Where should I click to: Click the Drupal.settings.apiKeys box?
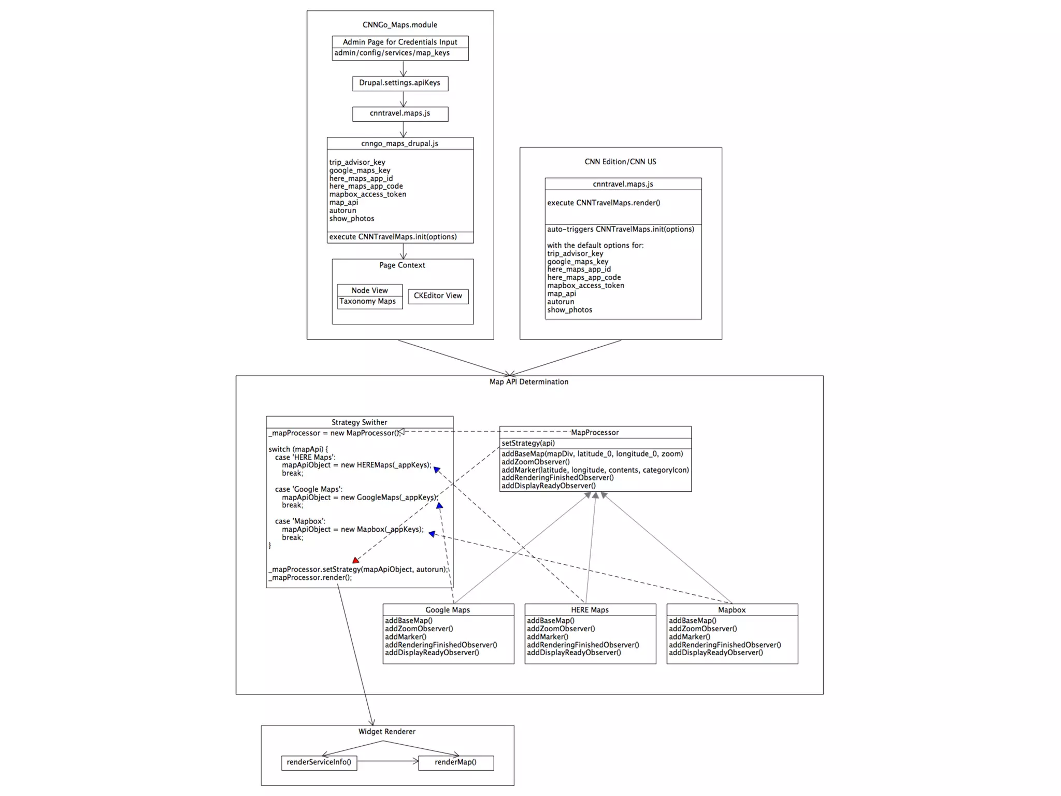click(x=400, y=83)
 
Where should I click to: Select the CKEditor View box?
click(x=438, y=296)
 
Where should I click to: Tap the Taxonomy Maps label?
click(x=367, y=302)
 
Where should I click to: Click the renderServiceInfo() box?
click(x=319, y=762)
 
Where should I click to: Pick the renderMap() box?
click(x=455, y=762)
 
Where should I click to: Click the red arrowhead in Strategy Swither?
click(x=356, y=560)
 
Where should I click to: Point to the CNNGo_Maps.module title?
click(x=399, y=25)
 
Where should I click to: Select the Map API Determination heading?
click(x=528, y=382)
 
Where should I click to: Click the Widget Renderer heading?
click(x=386, y=732)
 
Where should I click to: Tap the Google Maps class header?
click(x=448, y=610)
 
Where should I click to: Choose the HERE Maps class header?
click(x=590, y=610)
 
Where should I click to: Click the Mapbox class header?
click(x=732, y=610)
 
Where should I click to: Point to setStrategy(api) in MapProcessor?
click(x=528, y=443)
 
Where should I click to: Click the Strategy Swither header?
click(x=359, y=422)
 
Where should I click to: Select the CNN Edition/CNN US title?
click(x=620, y=162)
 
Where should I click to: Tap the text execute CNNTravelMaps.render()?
click(x=604, y=203)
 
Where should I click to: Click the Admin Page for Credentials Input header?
click(x=400, y=42)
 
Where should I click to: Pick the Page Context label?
click(x=402, y=265)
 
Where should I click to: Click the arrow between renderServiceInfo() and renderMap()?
click(x=387, y=761)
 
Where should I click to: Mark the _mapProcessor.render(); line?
click(x=310, y=578)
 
